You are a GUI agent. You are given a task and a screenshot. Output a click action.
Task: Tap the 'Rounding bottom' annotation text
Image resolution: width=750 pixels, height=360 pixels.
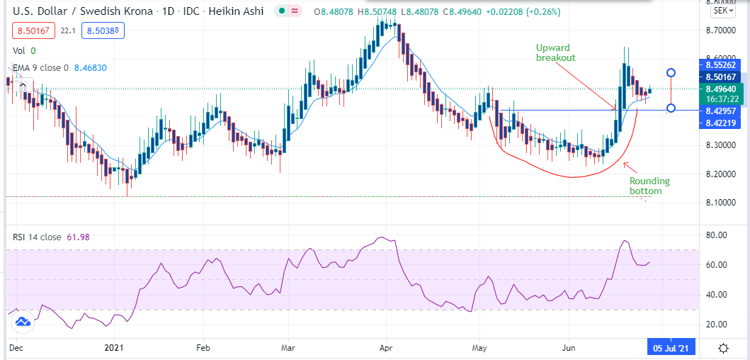tap(649, 186)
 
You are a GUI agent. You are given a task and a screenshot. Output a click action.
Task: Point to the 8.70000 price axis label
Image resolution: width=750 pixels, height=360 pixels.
tap(722, 31)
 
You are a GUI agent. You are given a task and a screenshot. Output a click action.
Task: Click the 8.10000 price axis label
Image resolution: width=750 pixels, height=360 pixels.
tap(722, 203)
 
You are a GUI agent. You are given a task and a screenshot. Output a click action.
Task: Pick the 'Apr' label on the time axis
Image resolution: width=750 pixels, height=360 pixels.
tap(386, 348)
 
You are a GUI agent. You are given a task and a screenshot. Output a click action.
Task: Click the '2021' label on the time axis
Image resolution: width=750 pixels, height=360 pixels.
tap(115, 348)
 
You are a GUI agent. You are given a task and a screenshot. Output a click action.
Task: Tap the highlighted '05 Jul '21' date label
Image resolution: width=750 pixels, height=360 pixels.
tap(669, 348)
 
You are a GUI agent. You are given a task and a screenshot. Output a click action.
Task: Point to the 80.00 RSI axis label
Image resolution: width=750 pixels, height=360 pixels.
tap(717, 235)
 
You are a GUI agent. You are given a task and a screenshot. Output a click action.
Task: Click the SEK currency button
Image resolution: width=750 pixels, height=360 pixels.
tap(722, 11)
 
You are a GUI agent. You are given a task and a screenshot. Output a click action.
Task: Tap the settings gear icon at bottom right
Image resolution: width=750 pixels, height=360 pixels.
tap(723, 348)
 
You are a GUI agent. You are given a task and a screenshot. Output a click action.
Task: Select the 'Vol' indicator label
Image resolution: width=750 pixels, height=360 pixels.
tap(19, 51)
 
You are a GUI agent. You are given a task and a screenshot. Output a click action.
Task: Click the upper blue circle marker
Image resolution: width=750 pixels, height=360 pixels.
tap(671, 72)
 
